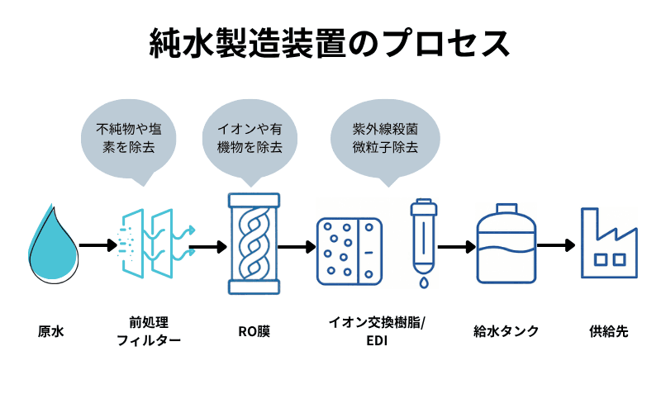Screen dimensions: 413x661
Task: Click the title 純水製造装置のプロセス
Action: (x=330, y=42)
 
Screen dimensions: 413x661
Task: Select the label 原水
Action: (x=50, y=332)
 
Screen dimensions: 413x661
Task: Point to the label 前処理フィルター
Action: (x=149, y=330)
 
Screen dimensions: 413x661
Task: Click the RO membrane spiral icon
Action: (x=254, y=244)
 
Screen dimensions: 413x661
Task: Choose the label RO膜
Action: (x=254, y=332)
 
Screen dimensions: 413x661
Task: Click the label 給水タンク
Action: (x=506, y=332)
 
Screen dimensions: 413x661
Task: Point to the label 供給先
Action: (x=608, y=332)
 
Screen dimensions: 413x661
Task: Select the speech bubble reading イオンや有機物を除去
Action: (x=250, y=138)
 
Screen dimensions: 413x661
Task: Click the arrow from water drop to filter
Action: (x=98, y=245)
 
